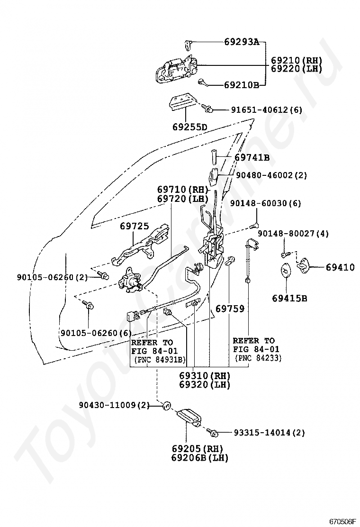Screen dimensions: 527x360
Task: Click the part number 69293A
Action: click(x=242, y=42)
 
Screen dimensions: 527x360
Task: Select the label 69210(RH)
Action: click(x=296, y=61)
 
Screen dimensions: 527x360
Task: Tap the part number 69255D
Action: click(x=190, y=127)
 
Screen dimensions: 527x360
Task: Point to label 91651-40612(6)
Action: click(x=266, y=110)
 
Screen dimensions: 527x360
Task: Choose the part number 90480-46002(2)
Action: click(x=271, y=175)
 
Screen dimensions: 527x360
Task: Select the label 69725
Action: click(x=134, y=227)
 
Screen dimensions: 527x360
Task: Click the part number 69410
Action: click(x=340, y=267)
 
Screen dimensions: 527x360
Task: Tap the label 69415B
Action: click(x=289, y=298)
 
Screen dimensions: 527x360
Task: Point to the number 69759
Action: click(x=230, y=309)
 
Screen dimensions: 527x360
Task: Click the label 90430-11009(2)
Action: click(x=114, y=405)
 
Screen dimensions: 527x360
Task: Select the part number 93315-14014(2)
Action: click(x=269, y=432)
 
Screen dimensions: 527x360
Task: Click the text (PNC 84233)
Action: click(x=257, y=358)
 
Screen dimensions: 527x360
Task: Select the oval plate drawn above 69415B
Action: click(x=285, y=271)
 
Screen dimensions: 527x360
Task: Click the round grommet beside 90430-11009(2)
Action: click(x=166, y=406)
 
